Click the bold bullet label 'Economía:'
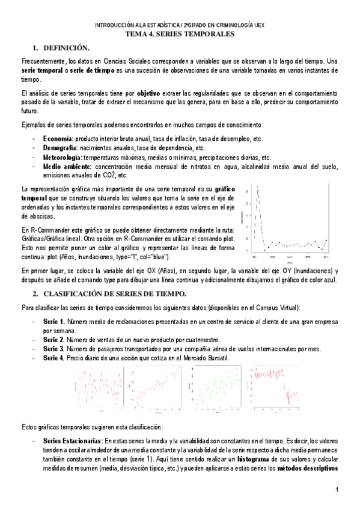[58, 139]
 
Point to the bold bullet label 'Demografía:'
[60, 147]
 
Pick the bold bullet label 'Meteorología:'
[63, 157]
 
